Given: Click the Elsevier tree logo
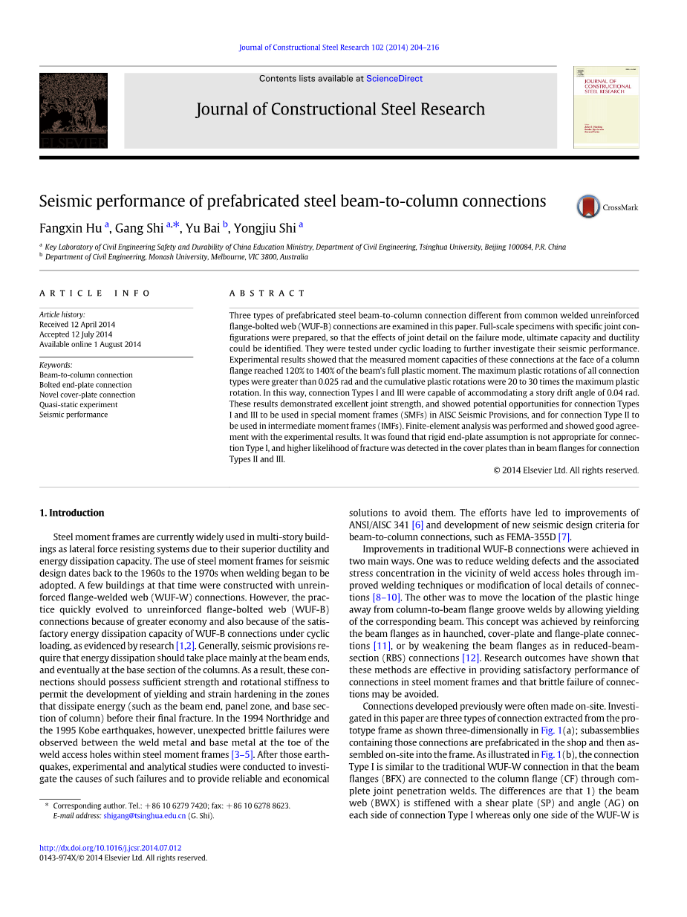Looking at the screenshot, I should click(74, 110).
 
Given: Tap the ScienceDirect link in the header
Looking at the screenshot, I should click(394, 78).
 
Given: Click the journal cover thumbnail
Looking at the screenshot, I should click(606, 108).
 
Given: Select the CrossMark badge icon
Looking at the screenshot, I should click(589, 207).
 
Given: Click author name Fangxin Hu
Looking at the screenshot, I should click(71, 228).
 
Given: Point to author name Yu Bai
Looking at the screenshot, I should click(203, 228).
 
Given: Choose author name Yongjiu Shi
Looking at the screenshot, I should click(265, 228).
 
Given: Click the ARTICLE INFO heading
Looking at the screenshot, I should click(95, 294).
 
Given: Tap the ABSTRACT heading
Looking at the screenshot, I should click(267, 294).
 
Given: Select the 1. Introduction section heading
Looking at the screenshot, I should click(71, 513).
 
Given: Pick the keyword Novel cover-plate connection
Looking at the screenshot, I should click(87, 395).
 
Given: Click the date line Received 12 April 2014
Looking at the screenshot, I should click(77, 325).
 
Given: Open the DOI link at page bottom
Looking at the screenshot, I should click(110, 848).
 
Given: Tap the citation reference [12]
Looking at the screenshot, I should click(470, 658).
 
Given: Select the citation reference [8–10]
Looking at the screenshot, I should click(387, 597).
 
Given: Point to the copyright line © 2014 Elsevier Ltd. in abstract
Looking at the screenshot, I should click(566, 470).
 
